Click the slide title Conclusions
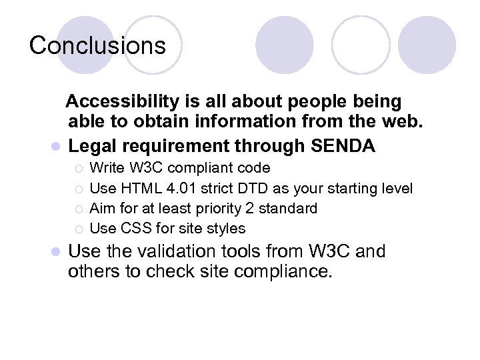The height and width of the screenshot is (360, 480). pyautogui.click(x=97, y=45)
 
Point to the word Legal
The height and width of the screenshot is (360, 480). pyautogui.click(x=92, y=145)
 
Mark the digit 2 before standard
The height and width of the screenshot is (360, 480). pyautogui.click(x=262, y=209)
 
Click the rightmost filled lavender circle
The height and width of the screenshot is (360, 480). pyautogui.click(x=427, y=45)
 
